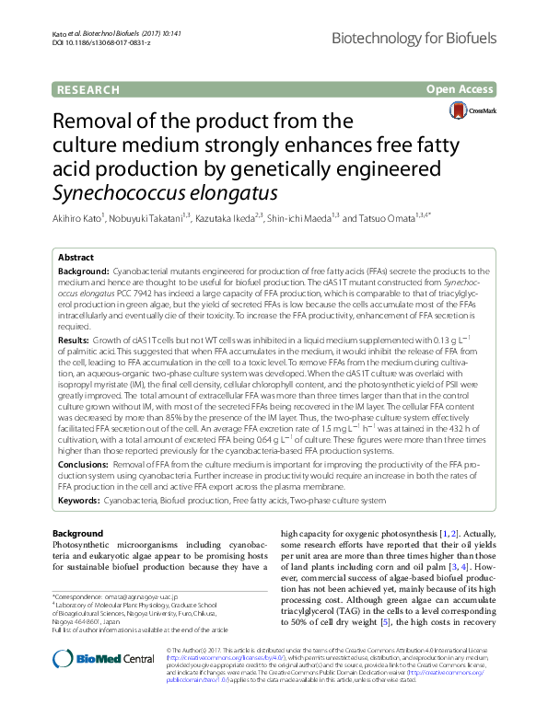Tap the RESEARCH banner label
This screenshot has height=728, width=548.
(x=88, y=90)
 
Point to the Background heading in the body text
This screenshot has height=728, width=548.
(x=77, y=534)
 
